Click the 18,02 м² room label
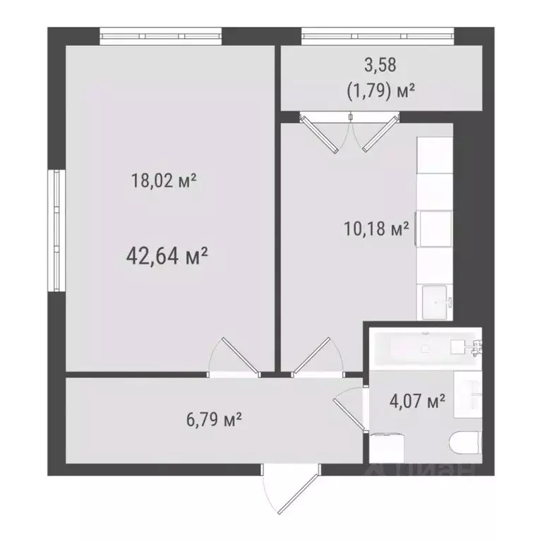click(163, 181)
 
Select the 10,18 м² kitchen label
click(375, 229)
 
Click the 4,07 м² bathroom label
click(417, 402)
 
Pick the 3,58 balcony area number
click(381, 66)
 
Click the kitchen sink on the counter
click(436, 301)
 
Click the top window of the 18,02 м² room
click(160, 35)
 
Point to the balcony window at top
click(377, 35)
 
